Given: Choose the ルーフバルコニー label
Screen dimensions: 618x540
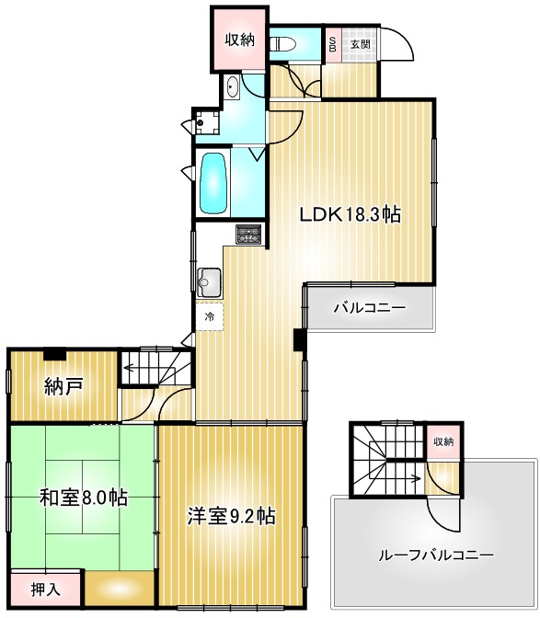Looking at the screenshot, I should [x=435, y=555].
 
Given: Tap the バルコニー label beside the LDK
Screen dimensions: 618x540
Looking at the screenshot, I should [x=369, y=308].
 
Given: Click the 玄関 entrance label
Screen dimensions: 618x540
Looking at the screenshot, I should [x=360, y=43].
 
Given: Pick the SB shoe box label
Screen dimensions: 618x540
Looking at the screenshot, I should [x=332, y=43].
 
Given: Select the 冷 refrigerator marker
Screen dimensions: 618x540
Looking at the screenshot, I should [x=209, y=316].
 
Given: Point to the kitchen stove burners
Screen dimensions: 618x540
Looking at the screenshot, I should [x=248, y=235].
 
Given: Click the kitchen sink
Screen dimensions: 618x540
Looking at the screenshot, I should [x=209, y=280].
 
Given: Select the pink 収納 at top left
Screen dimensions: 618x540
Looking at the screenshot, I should [x=240, y=39].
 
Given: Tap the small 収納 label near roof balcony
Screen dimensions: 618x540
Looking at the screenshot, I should [x=442, y=441].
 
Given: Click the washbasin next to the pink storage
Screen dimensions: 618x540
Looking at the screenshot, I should [x=231, y=88].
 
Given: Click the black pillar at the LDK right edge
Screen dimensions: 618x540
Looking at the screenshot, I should [x=299, y=339].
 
